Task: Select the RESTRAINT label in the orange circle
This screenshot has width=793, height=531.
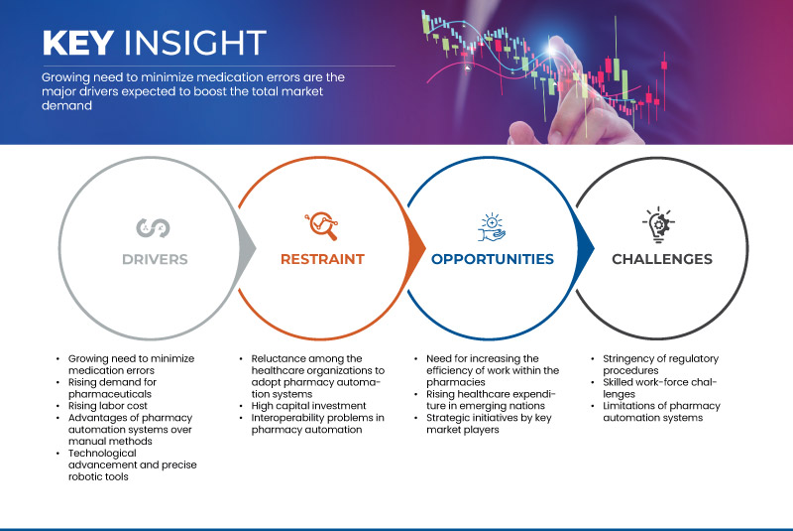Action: tap(323, 259)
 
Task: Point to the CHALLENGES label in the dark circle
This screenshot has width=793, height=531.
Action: tap(661, 259)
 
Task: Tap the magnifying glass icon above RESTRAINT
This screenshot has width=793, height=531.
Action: tap(322, 225)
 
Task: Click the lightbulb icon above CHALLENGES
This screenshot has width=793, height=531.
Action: tap(661, 224)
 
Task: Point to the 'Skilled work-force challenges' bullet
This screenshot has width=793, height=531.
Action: tap(656, 388)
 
